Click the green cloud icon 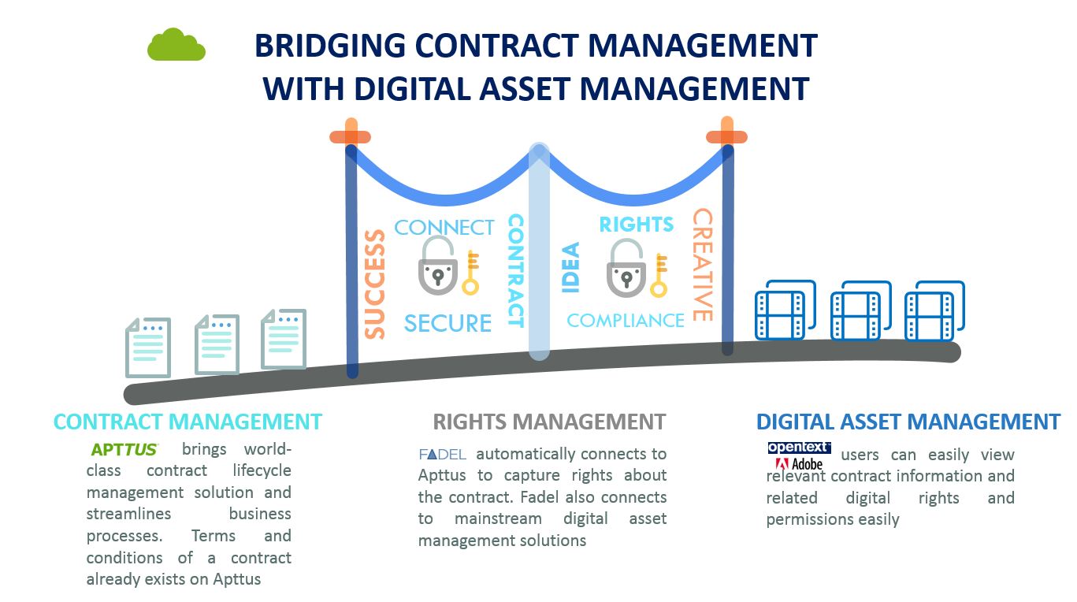[x=176, y=45]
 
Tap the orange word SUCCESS [x=375, y=284]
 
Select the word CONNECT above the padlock [x=444, y=228]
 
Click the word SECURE [x=448, y=323]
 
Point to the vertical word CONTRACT [x=516, y=271]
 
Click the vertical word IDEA [x=571, y=268]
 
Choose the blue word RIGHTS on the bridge [x=636, y=225]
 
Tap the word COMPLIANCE [x=626, y=321]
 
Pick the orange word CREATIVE [x=703, y=265]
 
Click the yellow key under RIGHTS [x=659, y=276]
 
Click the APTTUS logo [x=124, y=450]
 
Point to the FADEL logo [x=442, y=455]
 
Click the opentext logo [x=799, y=448]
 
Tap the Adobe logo [x=799, y=464]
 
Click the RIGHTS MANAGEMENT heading [x=549, y=422]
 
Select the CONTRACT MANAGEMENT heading [x=188, y=422]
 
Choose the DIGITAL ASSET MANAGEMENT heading [x=908, y=422]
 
